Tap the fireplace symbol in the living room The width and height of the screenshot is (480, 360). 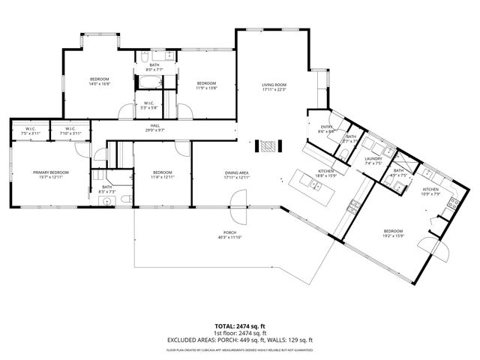coord(268,145)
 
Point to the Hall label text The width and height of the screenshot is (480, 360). coord(154,127)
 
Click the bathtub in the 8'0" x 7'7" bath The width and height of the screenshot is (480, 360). coord(150,80)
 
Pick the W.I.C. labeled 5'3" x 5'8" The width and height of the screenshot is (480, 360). coord(148,105)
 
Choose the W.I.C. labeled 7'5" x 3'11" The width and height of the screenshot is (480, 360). coord(31,130)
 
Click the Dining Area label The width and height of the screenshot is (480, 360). coord(236,175)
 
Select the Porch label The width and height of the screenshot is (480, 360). coord(229,235)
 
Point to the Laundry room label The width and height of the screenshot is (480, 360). coord(373,160)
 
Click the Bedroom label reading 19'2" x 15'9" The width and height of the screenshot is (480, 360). coord(393,232)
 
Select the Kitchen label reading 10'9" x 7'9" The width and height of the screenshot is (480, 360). coord(430,191)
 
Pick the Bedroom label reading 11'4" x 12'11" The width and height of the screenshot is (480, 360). coord(162,175)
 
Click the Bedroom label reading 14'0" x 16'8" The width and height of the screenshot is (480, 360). coord(100,82)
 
